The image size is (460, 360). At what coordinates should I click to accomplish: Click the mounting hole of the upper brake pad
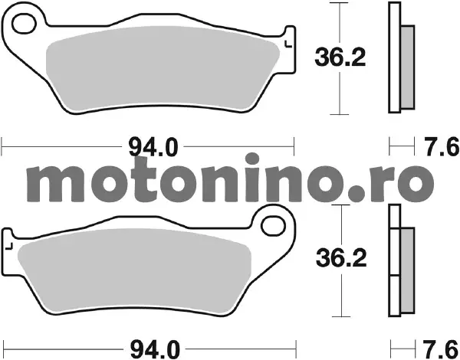(x=24, y=23)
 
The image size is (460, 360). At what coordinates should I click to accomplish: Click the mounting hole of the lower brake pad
(x=273, y=226)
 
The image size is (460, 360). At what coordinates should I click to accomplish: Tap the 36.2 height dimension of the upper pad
(x=340, y=57)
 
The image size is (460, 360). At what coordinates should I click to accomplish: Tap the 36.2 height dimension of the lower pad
(x=341, y=258)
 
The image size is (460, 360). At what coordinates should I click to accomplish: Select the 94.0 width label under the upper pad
(x=153, y=148)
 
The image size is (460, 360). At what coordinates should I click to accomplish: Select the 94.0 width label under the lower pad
(x=155, y=349)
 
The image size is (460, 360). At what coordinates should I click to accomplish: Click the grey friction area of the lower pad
(x=134, y=270)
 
